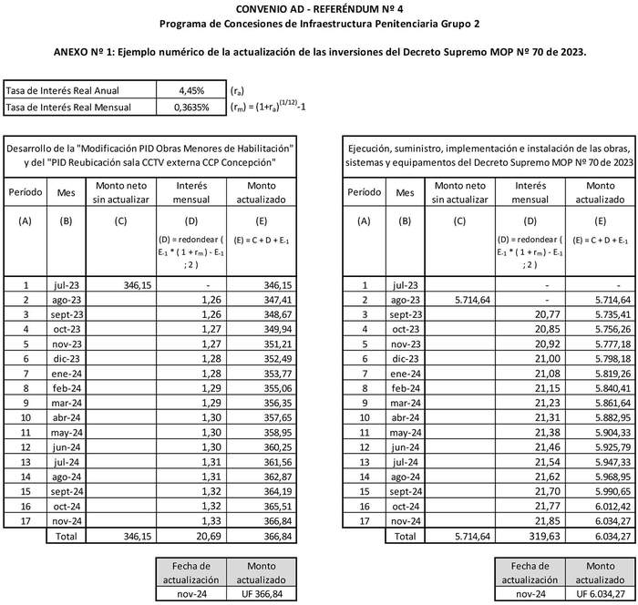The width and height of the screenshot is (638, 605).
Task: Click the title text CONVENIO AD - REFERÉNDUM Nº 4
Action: pyautogui.click(x=318, y=8)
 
